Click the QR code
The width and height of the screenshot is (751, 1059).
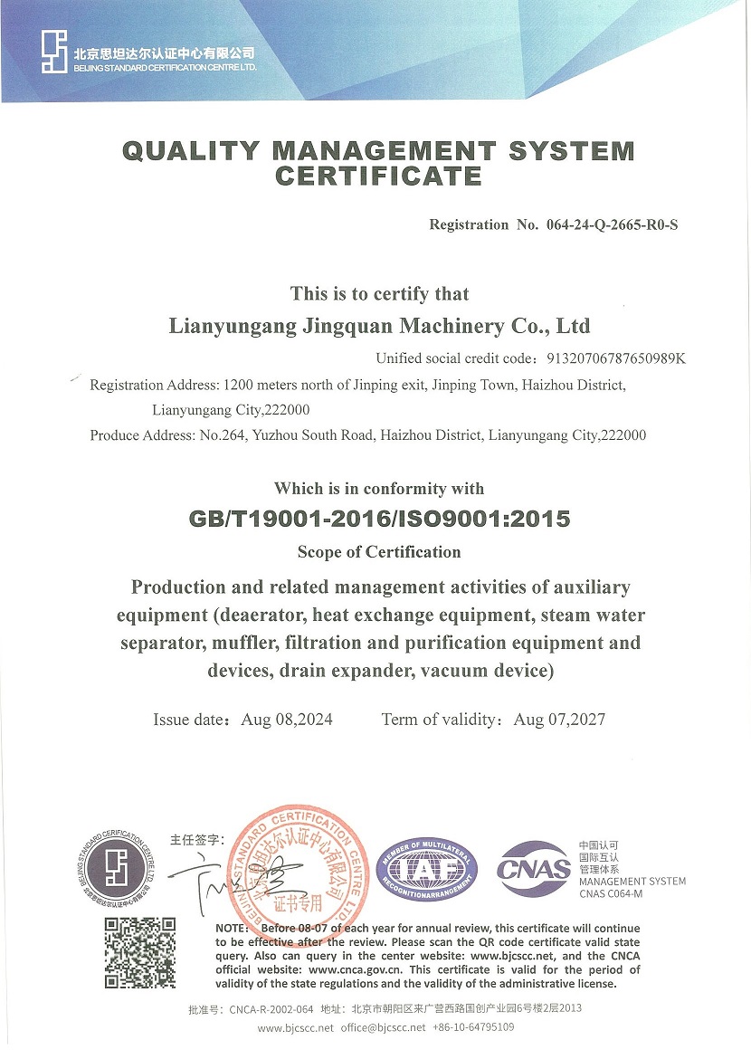139,952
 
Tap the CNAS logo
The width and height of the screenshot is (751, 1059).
533,869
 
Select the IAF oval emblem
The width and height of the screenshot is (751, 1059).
426,870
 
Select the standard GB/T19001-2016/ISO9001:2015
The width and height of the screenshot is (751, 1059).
379,519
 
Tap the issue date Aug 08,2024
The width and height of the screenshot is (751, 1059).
287,720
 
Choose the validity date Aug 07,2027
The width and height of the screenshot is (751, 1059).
559,720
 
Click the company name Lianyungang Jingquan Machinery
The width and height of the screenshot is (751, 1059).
379,325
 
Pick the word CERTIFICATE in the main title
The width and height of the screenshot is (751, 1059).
378,176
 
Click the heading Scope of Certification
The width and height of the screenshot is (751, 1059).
379,551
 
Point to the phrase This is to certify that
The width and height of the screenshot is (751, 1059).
379,293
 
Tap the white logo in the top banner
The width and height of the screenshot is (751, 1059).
54,52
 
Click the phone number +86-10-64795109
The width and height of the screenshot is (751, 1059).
474,1027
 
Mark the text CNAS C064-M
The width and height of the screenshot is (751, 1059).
611,894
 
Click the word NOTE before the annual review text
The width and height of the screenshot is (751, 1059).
233,929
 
